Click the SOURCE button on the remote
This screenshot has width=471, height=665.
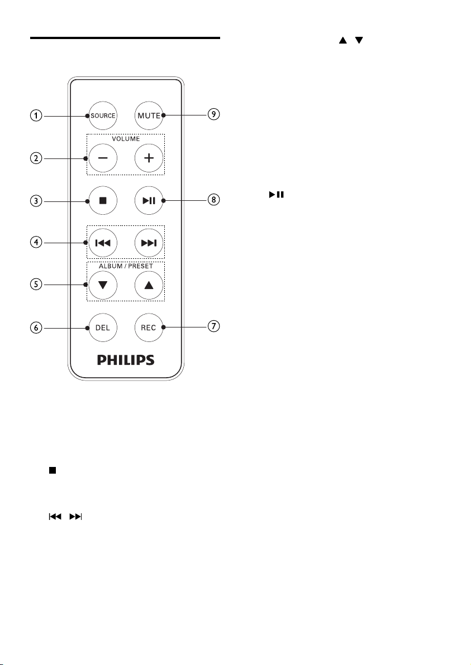pyautogui.click(x=102, y=116)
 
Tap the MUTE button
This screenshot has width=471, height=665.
pyautogui.click(x=149, y=116)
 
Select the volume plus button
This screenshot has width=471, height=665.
pyautogui.click(x=149, y=158)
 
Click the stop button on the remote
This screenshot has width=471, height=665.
pyautogui.click(x=102, y=200)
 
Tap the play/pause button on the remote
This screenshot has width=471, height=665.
pyautogui.click(x=149, y=200)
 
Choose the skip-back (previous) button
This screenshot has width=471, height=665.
pyautogui.click(x=102, y=243)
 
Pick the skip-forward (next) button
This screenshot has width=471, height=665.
pyautogui.click(x=149, y=243)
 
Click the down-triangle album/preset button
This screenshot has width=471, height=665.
pyautogui.click(x=102, y=285)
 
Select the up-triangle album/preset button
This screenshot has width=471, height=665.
pyautogui.click(x=149, y=285)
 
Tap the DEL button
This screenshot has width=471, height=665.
pyautogui.click(x=102, y=327)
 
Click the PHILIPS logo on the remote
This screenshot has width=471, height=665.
pyautogui.click(x=126, y=360)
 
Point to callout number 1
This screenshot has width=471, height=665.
pyautogui.click(x=36, y=116)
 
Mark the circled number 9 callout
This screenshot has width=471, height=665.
pyautogui.click(x=213, y=115)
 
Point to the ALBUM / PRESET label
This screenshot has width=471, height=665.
pyautogui.click(x=126, y=266)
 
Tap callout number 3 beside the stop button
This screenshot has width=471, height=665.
pyautogui.click(x=36, y=200)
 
